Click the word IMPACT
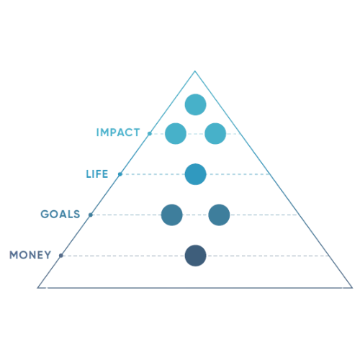(x=118, y=132)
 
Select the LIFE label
(x=97, y=174)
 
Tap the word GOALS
(x=60, y=214)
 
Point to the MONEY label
(x=30, y=255)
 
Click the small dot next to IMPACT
(x=150, y=133)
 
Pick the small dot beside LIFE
(x=120, y=174)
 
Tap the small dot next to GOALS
(x=91, y=215)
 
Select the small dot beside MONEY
(x=61, y=256)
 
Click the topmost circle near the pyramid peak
(x=195, y=104)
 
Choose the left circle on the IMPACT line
(x=176, y=133)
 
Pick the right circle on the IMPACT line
(x=215, y=133)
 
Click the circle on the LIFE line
(x=195, y=174)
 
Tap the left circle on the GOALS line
(x=171, y=215)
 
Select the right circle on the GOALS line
(x=219, y=215)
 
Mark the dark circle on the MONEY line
(x=195, y=256)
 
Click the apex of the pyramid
(x=195, y=71)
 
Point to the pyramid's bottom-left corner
(x=37, y=287)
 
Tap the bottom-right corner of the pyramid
(x=352, y=287)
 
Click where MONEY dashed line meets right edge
(x=329, y=256)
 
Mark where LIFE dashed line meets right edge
(x=270, y=174)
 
